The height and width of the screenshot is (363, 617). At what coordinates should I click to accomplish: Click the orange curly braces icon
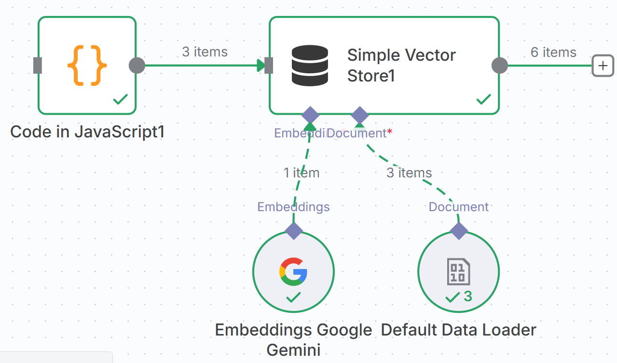pyautogui.click(x=87, y=66)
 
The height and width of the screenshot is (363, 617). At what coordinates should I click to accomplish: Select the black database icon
pyautogui.click(x=310, y=66)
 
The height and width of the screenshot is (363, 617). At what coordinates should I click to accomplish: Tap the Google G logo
pyautogui.click(x=293, y=271)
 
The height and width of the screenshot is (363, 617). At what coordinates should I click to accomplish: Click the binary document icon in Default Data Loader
pyautogui.click(x=458, y=271)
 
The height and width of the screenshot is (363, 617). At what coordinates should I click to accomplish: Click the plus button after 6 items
pyautogui.click(x=603, y=66)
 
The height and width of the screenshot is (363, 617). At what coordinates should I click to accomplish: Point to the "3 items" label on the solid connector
pyautogui.click(x=205, y=52)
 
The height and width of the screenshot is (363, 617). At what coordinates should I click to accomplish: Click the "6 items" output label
pyautogui.click(x=553, y=52)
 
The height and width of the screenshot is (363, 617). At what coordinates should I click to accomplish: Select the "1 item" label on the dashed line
pyautogui.click(x=302, y=173)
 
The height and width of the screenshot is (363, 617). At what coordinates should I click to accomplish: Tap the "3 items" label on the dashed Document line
pyautogui.click(x=409, y=173)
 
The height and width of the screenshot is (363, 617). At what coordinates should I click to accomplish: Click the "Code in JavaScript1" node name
pyautogui.click(x=87, y=132)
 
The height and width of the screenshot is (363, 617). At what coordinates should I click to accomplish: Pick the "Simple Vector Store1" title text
pyautogui.click(x=401, y=66)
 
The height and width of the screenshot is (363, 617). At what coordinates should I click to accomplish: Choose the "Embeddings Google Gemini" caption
pyautogui.click(x=293, y=339)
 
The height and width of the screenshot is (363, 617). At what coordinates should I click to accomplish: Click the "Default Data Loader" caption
pyautogui.click(x=458, y=330)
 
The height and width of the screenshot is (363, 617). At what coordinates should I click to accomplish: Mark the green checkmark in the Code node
pyautogui.click(x=120, y=100)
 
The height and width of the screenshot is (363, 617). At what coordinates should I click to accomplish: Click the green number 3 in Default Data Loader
pyautogui.click(x=468, y=296)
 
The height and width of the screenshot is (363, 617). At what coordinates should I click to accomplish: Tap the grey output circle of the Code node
pyautogui.click(x=137, y=66)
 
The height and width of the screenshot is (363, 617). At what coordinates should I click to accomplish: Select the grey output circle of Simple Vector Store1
pyautogui.click(x=499, y=66)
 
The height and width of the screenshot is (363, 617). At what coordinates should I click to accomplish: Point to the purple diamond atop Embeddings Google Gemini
pyautogui.click(x=293, y=230)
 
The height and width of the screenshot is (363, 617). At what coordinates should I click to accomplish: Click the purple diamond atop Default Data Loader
pyautogui.click(x=459, y=230)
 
